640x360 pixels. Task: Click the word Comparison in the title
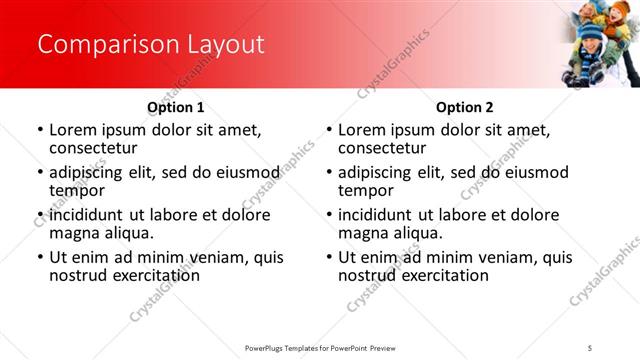pyautogui.click(x=101, y=45)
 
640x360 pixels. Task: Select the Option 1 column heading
pyautogui.click(x=176, y=107)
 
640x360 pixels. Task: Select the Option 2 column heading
pyautogui.click(x=465, y=107)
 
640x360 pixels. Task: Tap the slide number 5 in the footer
pyautogui.click(x=590, y=346)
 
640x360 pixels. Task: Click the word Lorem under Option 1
pyautogui.click(x=73, y=130)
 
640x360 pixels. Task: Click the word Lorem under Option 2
pyautogui.click(x=362, y=130)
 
